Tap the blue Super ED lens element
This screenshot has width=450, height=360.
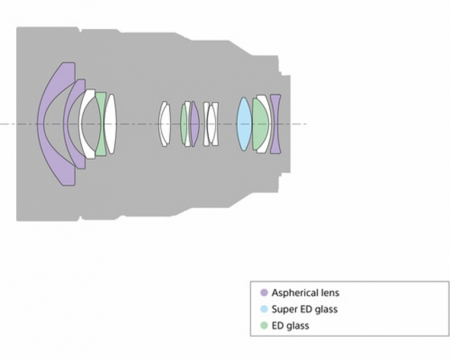click(x=244, y=124)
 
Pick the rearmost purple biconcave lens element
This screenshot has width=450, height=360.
click(x=276, y=124)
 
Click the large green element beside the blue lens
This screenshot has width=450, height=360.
click(x=260, y=124)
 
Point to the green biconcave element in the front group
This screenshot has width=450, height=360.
click(x=101, y=124)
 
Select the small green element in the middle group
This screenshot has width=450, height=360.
click(x=184, y=124)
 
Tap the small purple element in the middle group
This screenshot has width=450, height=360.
click(x=194, y=124)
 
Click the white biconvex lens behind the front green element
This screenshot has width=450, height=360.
click(x=110, y=124)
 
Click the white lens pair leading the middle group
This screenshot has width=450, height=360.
click(x=165, y=124)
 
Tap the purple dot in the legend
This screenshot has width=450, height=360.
click(x=264, y=292)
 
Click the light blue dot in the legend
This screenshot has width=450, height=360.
click(x=264, y=309)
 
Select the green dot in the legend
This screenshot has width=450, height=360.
click(x=264, y=326)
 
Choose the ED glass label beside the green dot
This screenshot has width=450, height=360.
click(x=290, y=326)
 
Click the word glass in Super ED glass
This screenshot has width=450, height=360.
click(x=326, y=310)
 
